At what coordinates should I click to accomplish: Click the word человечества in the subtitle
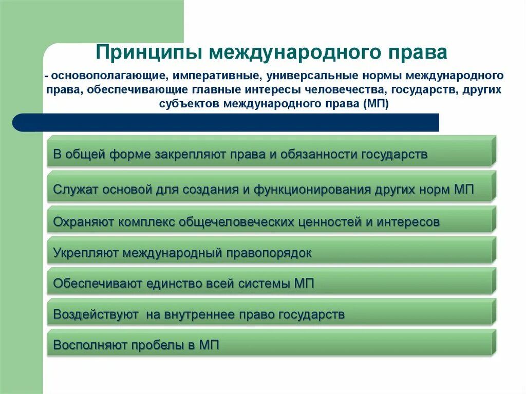pos(351,90)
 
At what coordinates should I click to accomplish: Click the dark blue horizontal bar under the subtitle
pos(226,123)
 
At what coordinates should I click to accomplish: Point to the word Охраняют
pos(84,222)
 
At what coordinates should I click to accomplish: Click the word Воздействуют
pos(96,314)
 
